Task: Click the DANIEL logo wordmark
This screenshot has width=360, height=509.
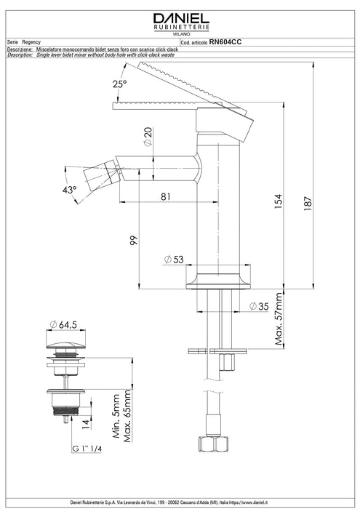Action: pos(181,18)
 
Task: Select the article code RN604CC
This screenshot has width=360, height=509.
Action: pos(225,42)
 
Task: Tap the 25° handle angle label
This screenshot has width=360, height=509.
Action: pos(119,84)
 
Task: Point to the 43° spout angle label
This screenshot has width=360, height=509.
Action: pos(69,190)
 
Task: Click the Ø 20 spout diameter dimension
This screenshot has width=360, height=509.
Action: pos(148,137)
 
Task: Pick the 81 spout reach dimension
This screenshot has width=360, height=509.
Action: pos(166,196)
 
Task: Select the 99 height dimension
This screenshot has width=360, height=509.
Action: pos(134,241)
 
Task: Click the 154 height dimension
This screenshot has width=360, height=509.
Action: pos(279,201)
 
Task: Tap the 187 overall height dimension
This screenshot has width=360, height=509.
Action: pos(308,204)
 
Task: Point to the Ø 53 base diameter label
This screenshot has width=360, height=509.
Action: pos(174,260)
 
